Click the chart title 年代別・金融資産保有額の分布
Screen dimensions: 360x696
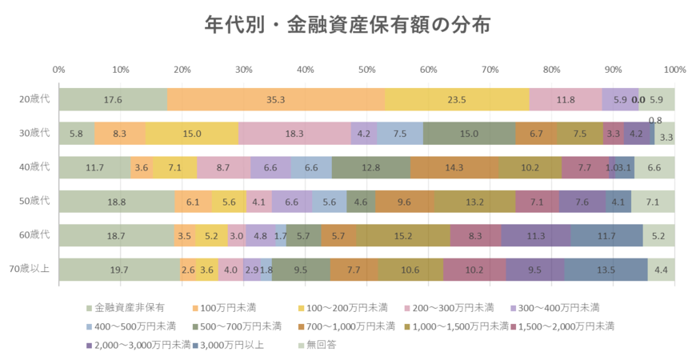[x=347, y=25]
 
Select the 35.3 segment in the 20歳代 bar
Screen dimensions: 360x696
[x=276, y=100]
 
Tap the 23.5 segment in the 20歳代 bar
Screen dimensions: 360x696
[x=457, y=100]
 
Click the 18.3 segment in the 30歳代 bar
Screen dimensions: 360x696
[x=294, y=134]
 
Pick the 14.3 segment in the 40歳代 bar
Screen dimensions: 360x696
[x=454, y=168]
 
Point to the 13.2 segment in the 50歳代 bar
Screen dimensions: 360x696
[x=475, y=202]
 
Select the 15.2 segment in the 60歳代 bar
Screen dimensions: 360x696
[x=403, y=236]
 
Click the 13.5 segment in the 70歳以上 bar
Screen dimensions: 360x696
[x=606, y=270]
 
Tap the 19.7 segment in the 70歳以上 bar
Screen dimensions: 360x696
[x=120, y=270]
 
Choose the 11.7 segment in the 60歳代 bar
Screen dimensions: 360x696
[x=606, y=236]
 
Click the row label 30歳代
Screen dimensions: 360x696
[x=34, y=134]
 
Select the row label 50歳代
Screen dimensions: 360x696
[x=34, y=202]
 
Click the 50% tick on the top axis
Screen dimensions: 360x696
[x=366, y=70]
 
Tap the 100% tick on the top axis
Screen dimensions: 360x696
[x=674, y=70]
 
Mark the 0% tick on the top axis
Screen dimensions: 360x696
[x=58, y=70]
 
